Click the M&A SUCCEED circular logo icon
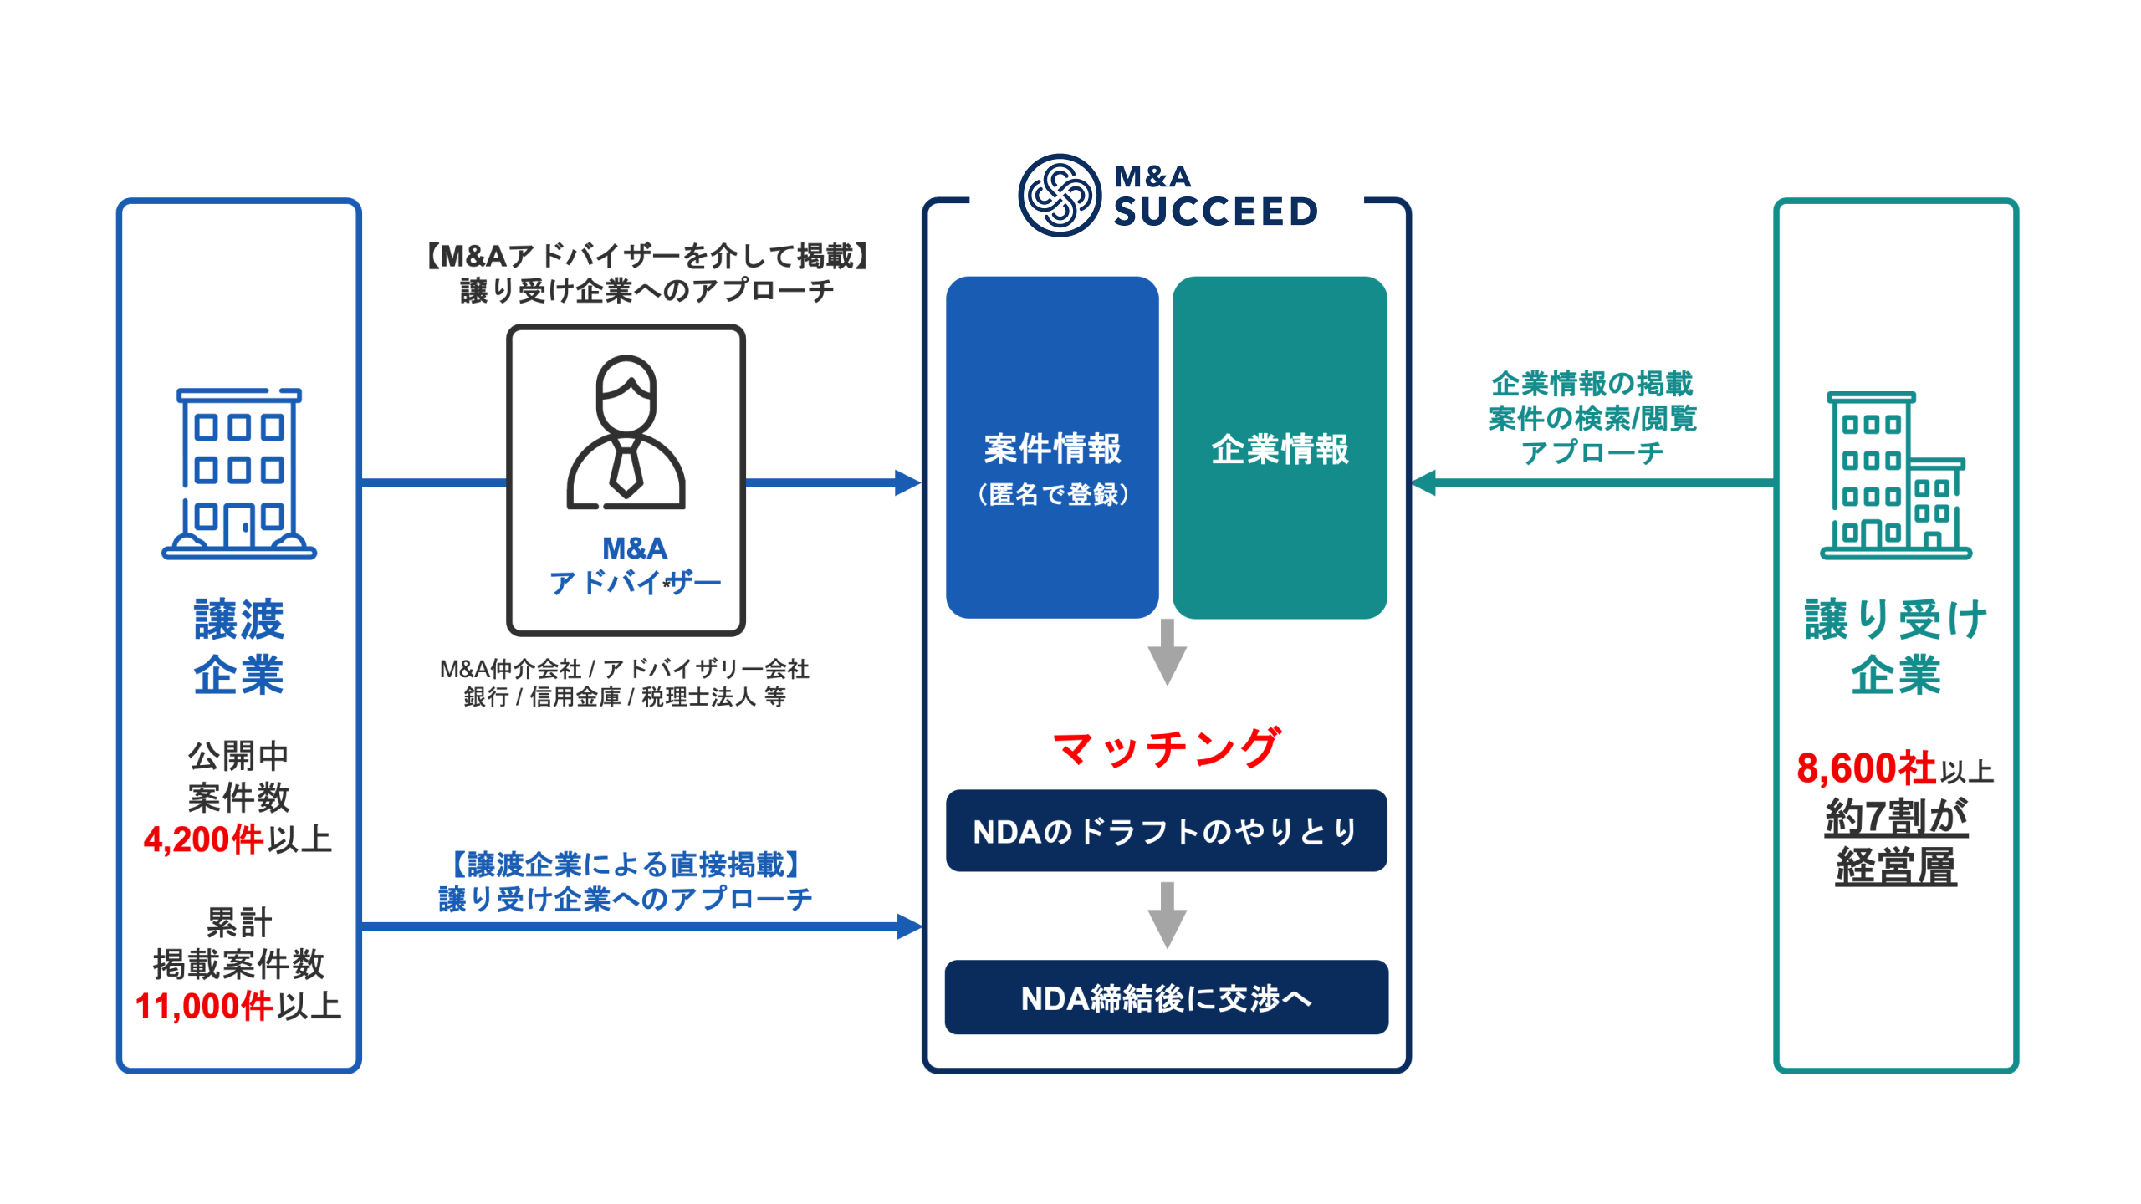pyautogui.click(x=1059, y=196)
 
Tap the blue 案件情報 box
pyautogui.click(x=1052, y=448)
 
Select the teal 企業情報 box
pyautogui.click(x=1280, y=448)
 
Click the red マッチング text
pyautogui.click(x=1166, y=747)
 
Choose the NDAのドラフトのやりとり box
pyautogui.click(x=1166, y=831)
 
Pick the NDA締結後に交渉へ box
pyautogui.click(x=1166, y=997)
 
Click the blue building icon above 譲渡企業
pyautogui.click(x=239, y=473)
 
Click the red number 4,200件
pyautogui.click(x=203, y=839)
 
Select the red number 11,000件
pyautogui.click(x=203, y=1006)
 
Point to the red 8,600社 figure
pyautogui.click(x=1866, y=768)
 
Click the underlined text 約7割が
pyautogui.click(x=1895, y=817)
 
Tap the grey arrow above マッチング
pyautogui.click(x=1167, y=653)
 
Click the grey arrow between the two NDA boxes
pyautogui.click(x=1167, y=915)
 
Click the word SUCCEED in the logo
pyautogui.click(x=1215, y=212)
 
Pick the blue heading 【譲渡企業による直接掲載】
pyautogui.click(x=626, y=864)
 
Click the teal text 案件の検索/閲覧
pyautogui.click(x=1592, y=418)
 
